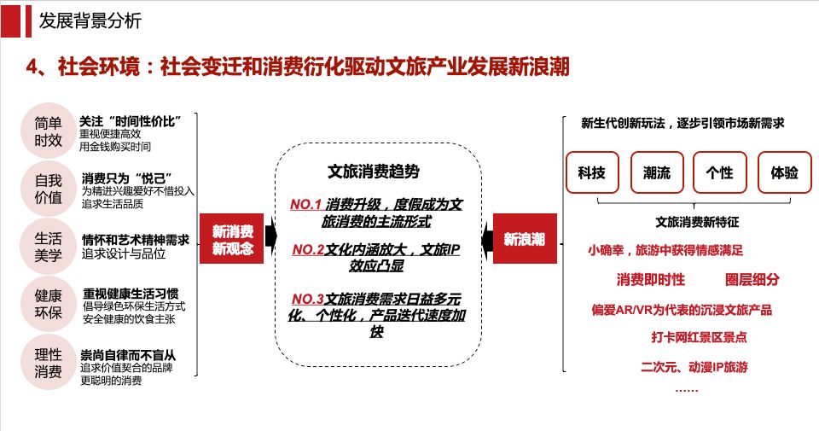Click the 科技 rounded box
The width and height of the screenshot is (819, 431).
(x=592, y=172)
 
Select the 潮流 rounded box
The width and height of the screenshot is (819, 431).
(x=657, y=172)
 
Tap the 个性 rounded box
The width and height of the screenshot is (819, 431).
(x=720, y=172)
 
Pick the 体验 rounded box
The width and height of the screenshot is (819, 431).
(x=785, y=172)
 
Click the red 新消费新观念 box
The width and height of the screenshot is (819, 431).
(x=231, y=239)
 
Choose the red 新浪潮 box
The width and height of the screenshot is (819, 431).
(x=525, y=239)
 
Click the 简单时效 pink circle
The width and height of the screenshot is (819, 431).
(x=48, y=131)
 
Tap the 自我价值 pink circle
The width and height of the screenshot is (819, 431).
(x=48, y=189)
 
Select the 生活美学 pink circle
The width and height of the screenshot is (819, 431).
(x=48, y=247)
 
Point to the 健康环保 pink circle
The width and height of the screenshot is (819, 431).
(x=48, y=304)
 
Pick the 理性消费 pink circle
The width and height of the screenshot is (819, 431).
(x=48, y=363)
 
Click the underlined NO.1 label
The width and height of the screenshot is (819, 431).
(x=305, y=204)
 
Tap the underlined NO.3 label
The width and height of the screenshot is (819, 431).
(x=308, y=299)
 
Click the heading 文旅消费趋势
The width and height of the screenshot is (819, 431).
(x=374, y=172)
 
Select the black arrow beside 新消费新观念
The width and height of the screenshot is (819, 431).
(x=270, y=236)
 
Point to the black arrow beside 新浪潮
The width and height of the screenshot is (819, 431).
(x=487, y=238)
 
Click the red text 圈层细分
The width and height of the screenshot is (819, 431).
(x=752, y=279)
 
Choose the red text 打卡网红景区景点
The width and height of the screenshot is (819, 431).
(x=699, y=337)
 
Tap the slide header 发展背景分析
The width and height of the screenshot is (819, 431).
(x=90, y=20)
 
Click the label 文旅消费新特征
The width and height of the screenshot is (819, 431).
(x=697, y=222)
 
